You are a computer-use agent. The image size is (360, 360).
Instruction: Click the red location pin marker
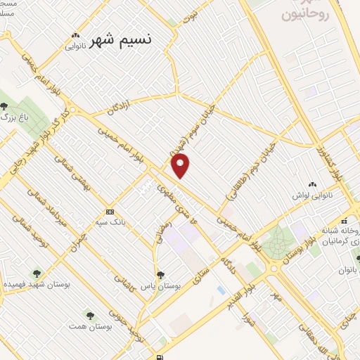181,166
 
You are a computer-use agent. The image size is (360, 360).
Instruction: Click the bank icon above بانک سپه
110,211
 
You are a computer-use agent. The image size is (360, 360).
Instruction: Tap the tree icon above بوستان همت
89,314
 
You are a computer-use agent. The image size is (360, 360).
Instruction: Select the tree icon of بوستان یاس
161,275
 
